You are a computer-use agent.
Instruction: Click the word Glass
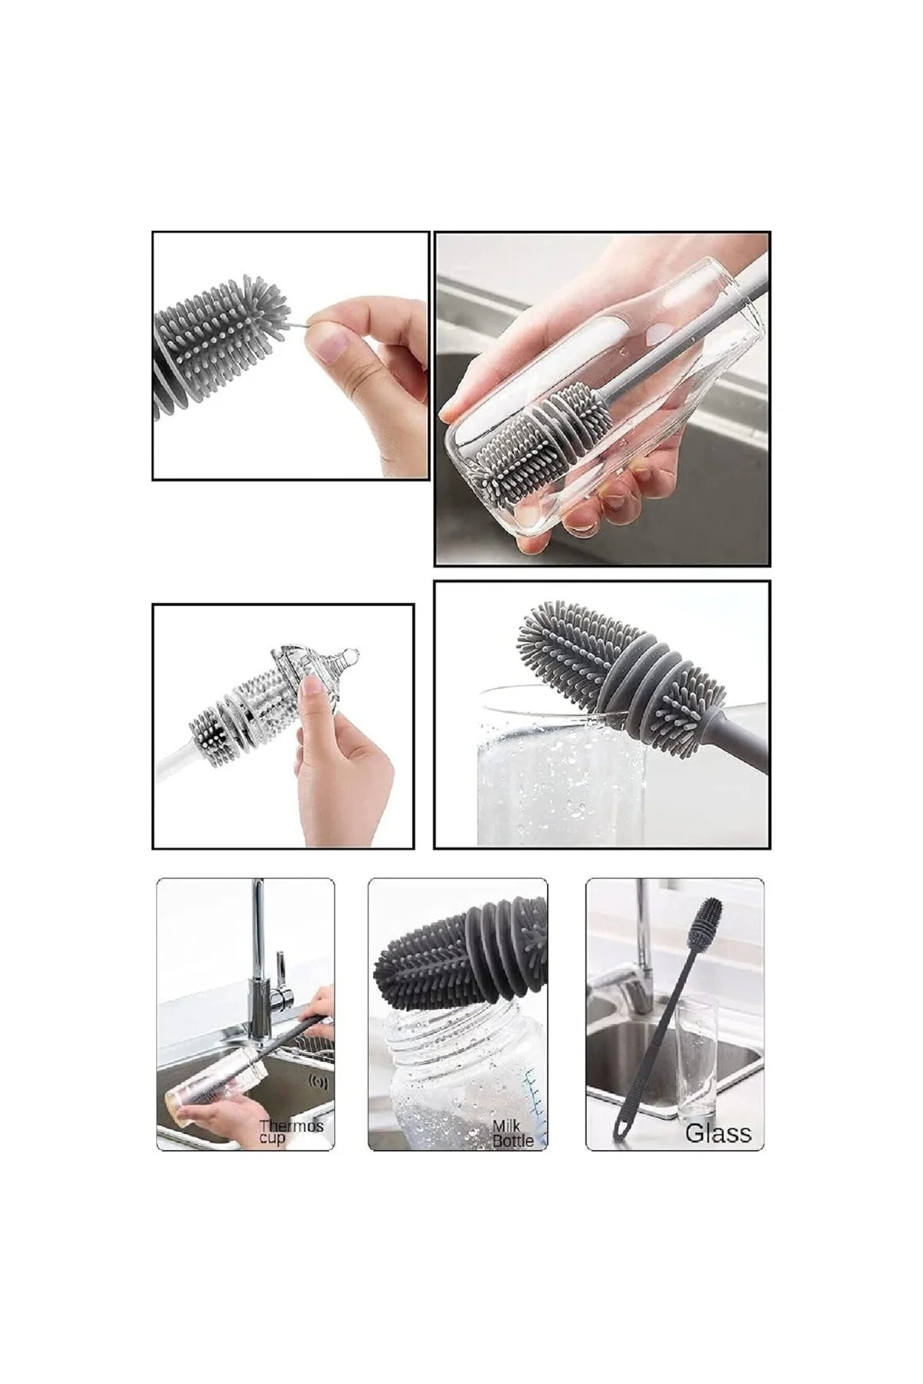coord(718,1133)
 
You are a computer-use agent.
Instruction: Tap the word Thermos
coord(292,1126)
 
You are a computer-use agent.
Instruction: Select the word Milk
coord(506,1127)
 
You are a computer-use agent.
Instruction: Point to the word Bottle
coord(513,1141)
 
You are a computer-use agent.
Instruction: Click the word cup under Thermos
coord(272,1138)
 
